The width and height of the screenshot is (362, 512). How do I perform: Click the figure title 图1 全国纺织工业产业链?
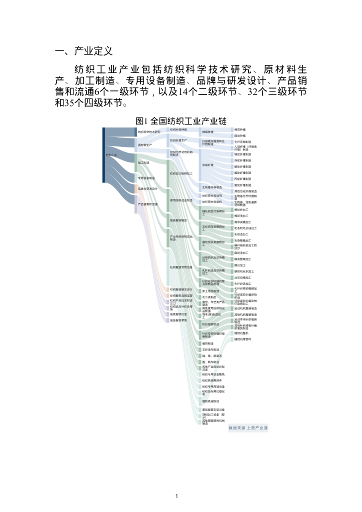[x=181, y=121]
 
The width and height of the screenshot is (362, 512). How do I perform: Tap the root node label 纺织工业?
[x=111, y=155]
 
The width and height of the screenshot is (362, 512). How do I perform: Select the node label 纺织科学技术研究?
[x=149, y=131]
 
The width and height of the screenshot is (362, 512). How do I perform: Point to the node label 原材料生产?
[x=144, y=144]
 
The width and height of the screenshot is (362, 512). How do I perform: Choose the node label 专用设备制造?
[x=146, y=178]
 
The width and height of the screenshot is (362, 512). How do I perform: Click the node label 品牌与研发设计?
[x=147, y=188]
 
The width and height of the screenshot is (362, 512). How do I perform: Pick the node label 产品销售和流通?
[x=147, y=204]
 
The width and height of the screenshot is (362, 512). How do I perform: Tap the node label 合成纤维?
[x=207, y=164]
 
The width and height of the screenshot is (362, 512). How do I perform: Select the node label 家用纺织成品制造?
[x=180, y=200]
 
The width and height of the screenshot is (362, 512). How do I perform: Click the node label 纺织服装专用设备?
[x=181, y=267]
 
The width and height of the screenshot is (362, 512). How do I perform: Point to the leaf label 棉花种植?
[x=240, y=129]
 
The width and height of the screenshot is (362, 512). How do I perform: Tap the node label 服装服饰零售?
[x=178, y=320]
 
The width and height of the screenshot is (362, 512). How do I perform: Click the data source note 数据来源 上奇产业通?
[x=248, y=428]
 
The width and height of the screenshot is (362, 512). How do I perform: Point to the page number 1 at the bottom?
[x=177, y=496]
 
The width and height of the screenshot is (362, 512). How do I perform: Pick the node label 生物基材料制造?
[x=212, y=187]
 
